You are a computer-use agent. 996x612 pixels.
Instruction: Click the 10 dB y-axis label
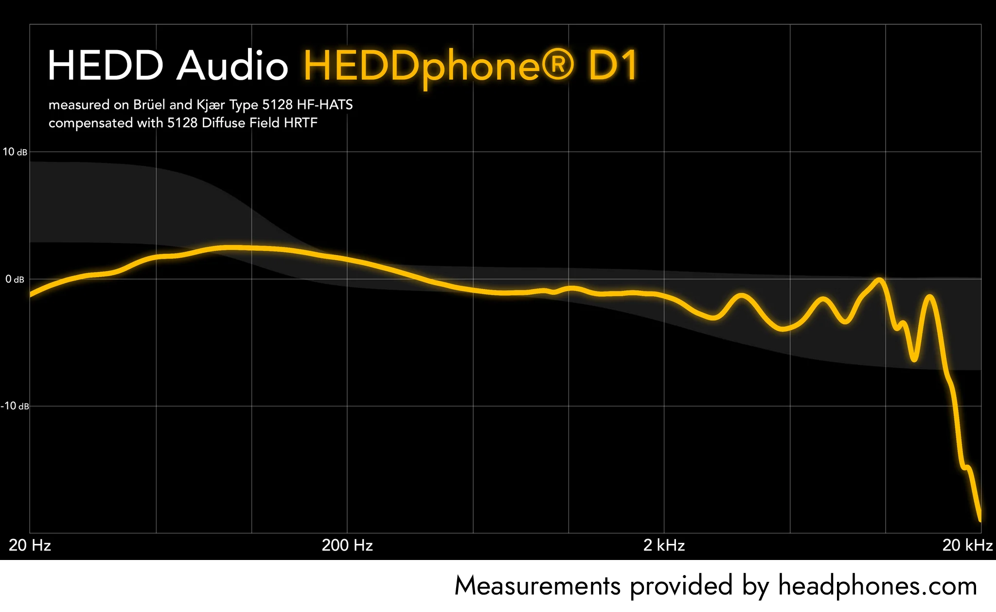[x=15, y=152]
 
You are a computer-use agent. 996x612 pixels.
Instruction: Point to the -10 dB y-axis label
[x=15, y=406]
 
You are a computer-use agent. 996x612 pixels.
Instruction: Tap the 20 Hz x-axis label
[x=30, y=545]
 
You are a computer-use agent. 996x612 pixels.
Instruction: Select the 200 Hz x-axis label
[x=347, y=545]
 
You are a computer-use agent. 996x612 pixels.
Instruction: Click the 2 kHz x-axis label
[x=664, y=545]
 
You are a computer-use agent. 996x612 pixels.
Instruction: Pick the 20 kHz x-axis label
[x=967, y=545]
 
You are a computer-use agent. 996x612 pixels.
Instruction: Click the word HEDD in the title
[x=105, y=66]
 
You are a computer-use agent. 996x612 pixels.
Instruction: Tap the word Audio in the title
[x=232, y=66]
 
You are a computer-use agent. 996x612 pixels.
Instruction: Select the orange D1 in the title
[x=613, y=66]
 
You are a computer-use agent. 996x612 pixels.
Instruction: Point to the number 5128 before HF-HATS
[x=277, y=105]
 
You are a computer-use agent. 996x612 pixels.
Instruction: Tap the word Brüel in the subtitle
[x=150, y=105]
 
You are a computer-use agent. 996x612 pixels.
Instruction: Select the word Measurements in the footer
[x=537, y=586]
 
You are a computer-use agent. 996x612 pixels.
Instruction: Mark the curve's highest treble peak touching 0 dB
[x=879, y=280]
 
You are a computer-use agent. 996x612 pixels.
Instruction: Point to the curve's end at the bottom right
[x=979, y=520]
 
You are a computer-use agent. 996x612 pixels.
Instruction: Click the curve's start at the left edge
[x=31, y=295]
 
